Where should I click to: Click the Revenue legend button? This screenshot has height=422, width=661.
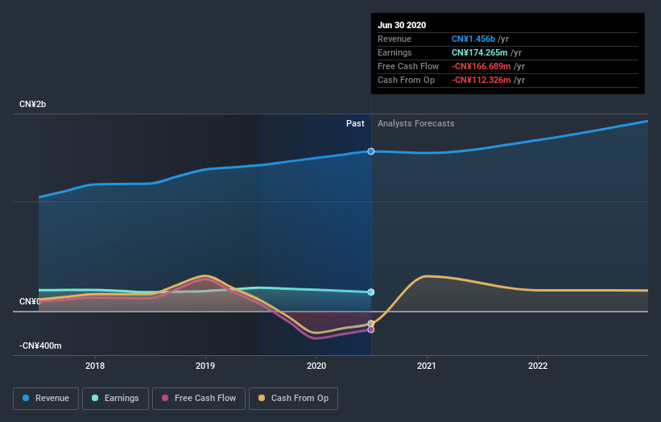(x=47, y=398)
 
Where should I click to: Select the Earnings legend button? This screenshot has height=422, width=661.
(x=115, y=398)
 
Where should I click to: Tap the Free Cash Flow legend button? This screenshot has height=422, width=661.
(x=199, y=398)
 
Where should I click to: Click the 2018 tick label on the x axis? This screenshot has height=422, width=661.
(x=95, y=366)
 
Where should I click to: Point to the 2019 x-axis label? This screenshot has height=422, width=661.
(x=205, y=366)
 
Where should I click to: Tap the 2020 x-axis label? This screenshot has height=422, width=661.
(x=316, y=366)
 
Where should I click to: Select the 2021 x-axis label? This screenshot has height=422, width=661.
(x=427, y=366)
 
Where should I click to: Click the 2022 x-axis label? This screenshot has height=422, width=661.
(x=538, y=366)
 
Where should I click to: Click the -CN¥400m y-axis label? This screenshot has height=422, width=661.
(x=41, y=345)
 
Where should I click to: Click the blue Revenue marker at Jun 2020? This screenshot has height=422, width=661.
(x=371, y=151)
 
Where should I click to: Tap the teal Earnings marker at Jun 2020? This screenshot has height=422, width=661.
(x=371, y=292)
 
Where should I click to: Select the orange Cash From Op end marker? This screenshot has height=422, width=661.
(x=371, y=324)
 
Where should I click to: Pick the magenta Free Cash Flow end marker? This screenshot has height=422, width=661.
(x=371, y=329)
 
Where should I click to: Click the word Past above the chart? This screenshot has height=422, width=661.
(x=355, y=124)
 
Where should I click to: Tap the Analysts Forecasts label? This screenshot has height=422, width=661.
(x=415, y=124)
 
